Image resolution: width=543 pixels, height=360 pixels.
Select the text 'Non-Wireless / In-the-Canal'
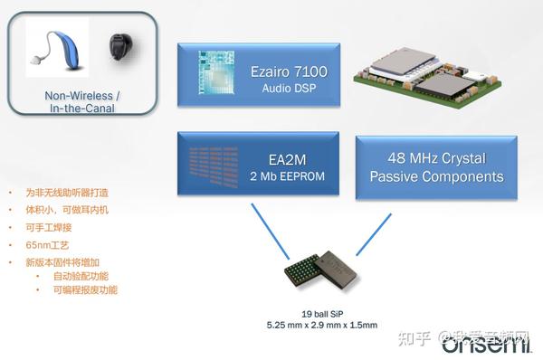pyautogui.click(x=83, y=102)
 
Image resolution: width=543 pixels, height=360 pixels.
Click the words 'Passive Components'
pyautogui.click(x=436, y=176)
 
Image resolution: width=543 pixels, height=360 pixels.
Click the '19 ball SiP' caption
pyautogui.click(x=321, y=312)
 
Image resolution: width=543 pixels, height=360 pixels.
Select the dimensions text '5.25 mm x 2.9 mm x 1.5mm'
pyautogui.click(x=321, y=325)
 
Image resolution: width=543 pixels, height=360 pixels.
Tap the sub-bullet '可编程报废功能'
pyautogui.click(x=85, y=290)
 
